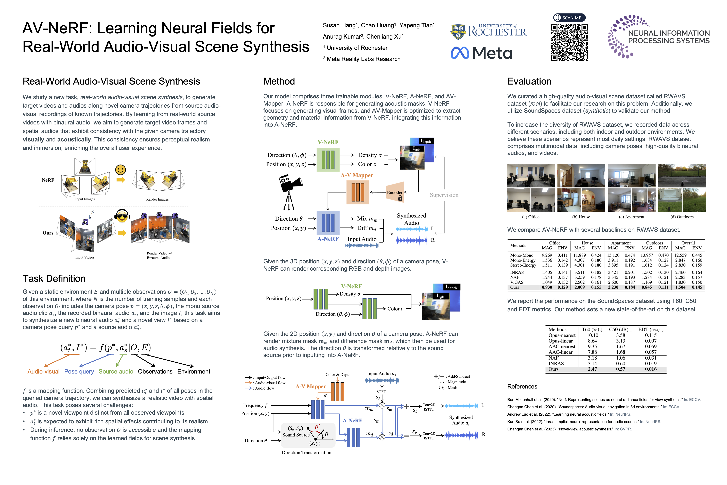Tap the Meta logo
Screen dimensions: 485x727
[x=481, y=53]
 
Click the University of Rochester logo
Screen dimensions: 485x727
[x=488, y=31]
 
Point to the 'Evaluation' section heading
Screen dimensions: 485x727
[x=529, y=81]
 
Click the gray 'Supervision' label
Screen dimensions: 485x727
[x=444, y=195]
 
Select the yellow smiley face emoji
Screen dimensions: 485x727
[x=120, y=170]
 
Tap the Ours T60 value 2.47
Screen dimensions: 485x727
[x=592, y=369]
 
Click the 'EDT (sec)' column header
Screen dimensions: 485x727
[x=651, y=329]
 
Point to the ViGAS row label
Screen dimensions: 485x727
[x=517, y=282]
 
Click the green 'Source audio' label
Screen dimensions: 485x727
[x=116, y=371]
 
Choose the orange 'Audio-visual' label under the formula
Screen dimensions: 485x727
[x=43, y=371]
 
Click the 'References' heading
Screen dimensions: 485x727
[x=522, y=386]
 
